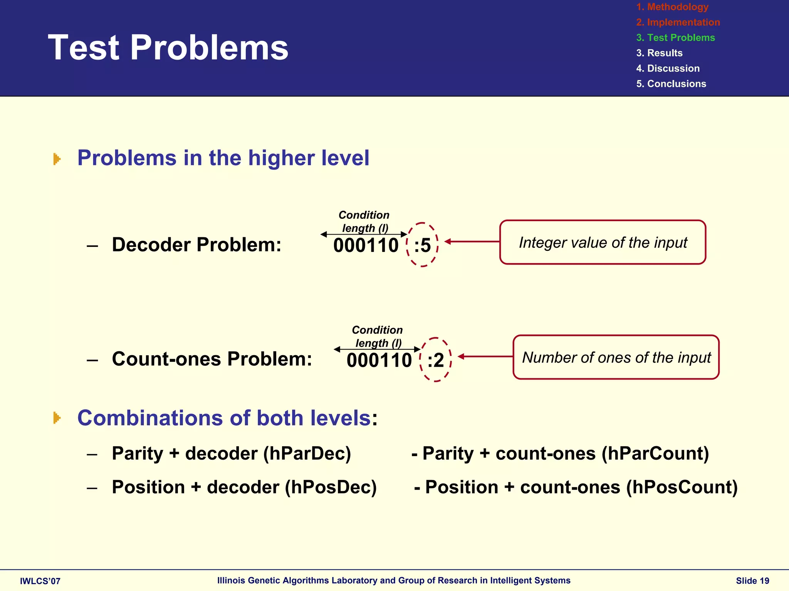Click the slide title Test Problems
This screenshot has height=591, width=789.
pos(168,47)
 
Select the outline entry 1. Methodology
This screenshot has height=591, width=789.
pos(672,7)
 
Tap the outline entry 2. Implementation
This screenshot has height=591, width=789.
pos(678,22)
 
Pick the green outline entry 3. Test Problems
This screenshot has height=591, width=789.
pos(675,38)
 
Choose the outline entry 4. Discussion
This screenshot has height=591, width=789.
pos(668,69)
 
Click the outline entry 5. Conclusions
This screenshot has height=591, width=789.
pos(671,84)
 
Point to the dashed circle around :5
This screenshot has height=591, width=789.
pos(423,245)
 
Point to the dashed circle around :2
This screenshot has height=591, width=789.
pos(436,360)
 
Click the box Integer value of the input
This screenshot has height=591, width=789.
pos(603,242)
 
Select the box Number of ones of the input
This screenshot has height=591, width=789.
pos(616,358)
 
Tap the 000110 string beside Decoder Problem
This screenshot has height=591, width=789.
pos(366,245)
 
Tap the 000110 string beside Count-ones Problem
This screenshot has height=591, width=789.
pos(379,361)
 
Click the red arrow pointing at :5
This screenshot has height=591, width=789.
pos(472,242)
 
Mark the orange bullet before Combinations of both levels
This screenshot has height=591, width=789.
pos(57,418)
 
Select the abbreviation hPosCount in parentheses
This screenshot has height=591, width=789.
pos(682,487)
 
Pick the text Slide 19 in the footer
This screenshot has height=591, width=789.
pos(752,581)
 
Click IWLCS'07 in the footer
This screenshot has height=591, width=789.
pos(40,581)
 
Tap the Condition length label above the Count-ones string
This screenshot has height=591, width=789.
pos(377,336)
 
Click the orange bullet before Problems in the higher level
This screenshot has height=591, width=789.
pos(57,159)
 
